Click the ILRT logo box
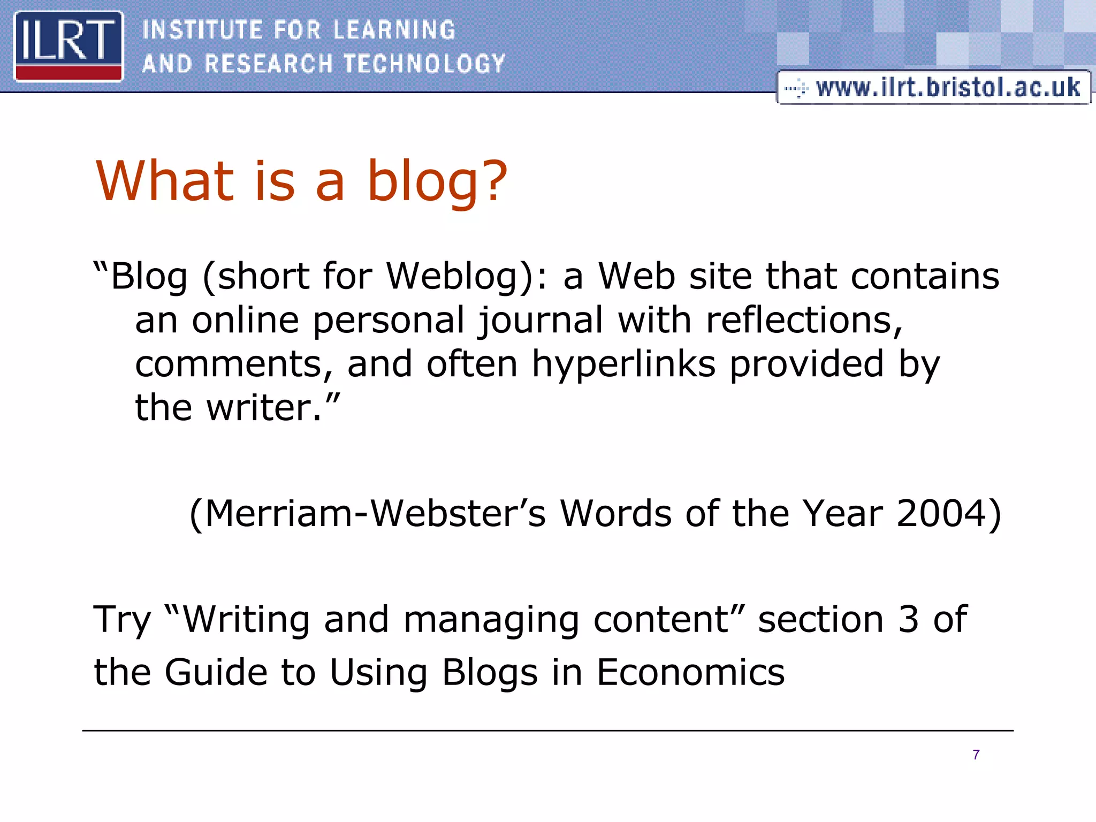point(68,47)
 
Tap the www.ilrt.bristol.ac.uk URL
point(947,87)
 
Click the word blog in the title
point(437,182)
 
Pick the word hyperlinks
point(623,364)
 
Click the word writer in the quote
point(265,408)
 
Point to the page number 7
point(976,755)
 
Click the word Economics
point(690,672)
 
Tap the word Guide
point(216,672)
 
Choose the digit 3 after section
point(908,620)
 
